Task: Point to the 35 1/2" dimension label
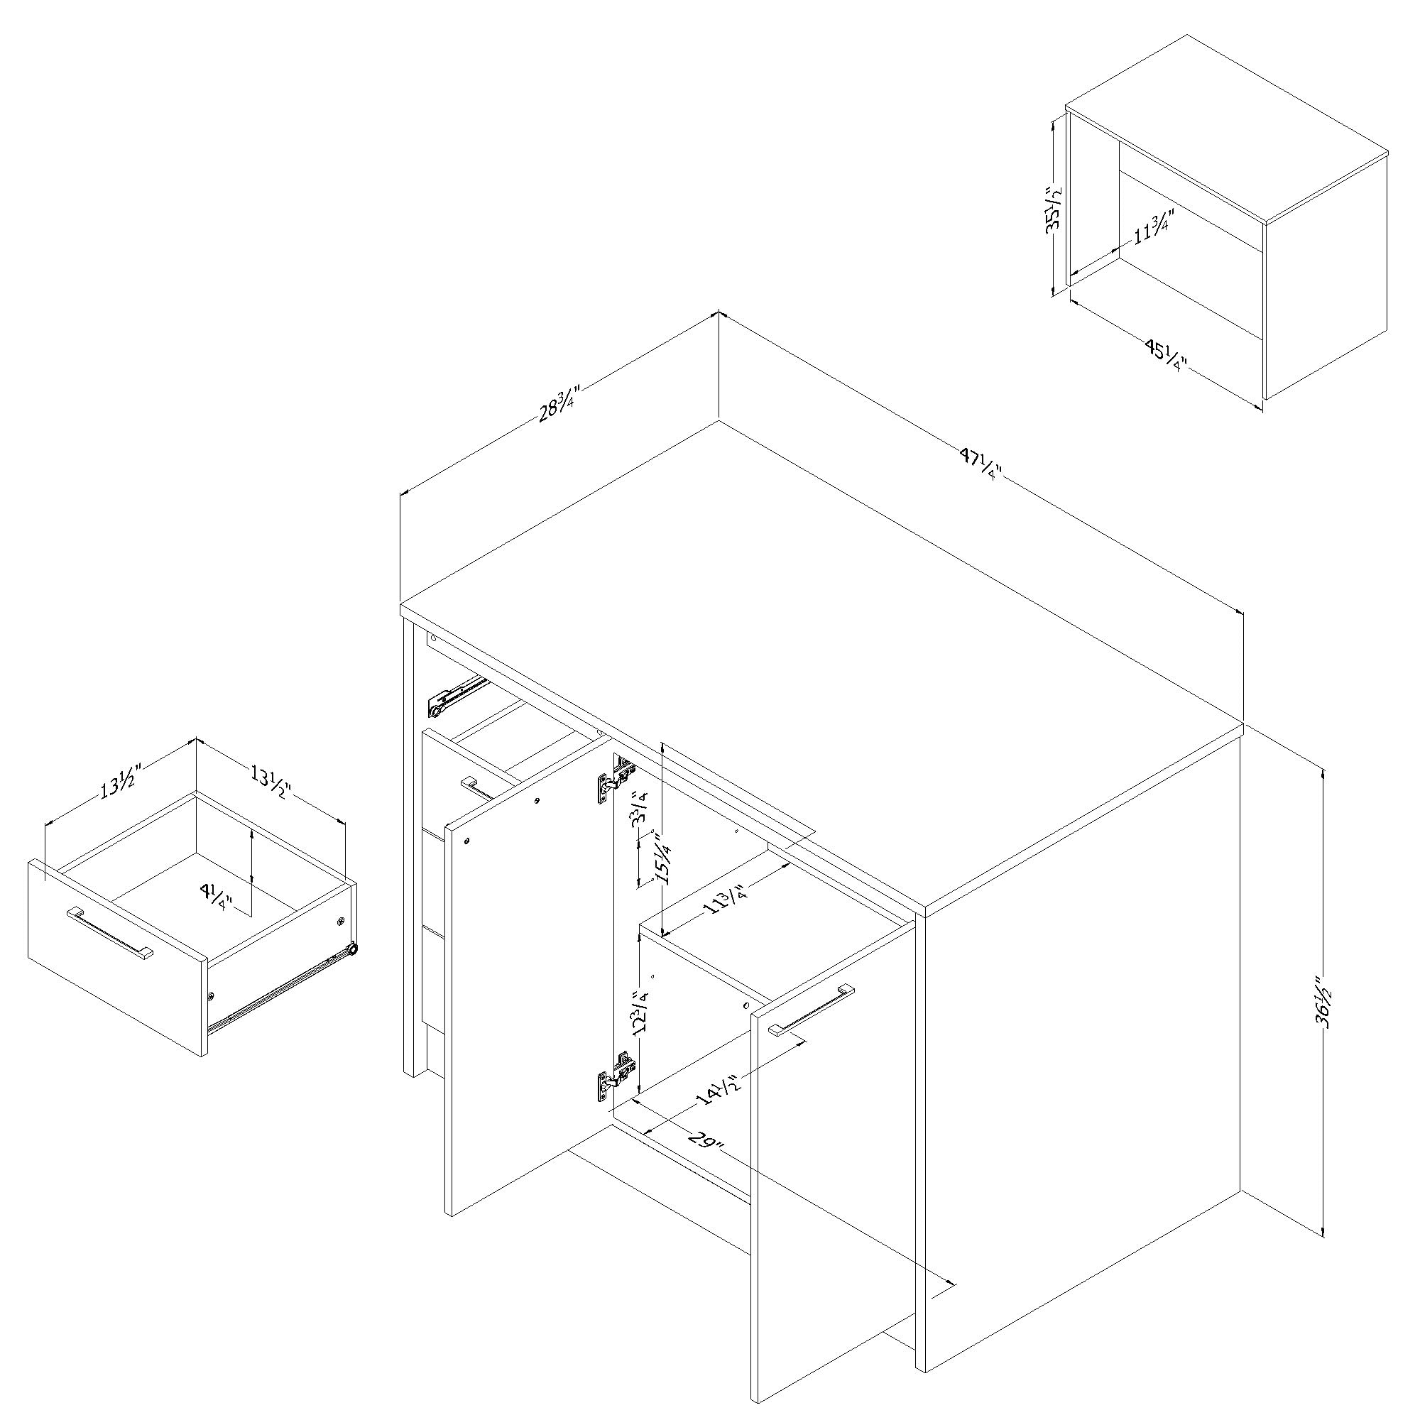click(x=1055, y=210)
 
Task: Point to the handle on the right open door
click(x=812, y=1010)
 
